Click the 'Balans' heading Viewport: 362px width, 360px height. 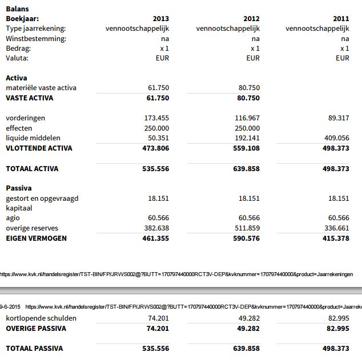[x=17, y=9]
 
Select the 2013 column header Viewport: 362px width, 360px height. [x=161, y=19]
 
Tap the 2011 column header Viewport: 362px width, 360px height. [x=341, y=19]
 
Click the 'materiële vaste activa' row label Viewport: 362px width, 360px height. [x=41, y=88]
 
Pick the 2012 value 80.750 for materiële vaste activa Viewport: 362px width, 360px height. [x=249, y=88]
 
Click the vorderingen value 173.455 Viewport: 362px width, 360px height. [x=156, y=118]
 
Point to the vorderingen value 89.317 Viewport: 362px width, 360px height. [x=339, y=118]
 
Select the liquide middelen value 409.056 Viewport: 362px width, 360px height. [x=336, y=138]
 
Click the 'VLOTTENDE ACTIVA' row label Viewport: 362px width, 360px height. [x=39, y=148]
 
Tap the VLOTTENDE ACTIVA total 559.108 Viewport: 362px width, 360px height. [x=246, y=148]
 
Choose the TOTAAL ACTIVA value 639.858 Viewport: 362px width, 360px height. [x=246, y=169]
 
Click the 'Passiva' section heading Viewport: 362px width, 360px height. [x=19, y=188]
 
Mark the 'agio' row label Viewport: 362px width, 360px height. [x=13, y=218]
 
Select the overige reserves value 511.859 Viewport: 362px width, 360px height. [x=247, y=228]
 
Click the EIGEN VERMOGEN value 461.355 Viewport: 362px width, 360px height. [x=156, y=238]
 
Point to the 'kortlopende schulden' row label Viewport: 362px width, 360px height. [x=41, y=318]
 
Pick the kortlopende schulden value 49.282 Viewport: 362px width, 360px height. [x=249, y=318]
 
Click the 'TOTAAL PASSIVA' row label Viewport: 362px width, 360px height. [x=34, y=349]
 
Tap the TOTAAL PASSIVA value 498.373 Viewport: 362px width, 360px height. [x=336, y=349]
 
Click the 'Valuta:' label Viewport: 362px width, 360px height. [x=17, y=58]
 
